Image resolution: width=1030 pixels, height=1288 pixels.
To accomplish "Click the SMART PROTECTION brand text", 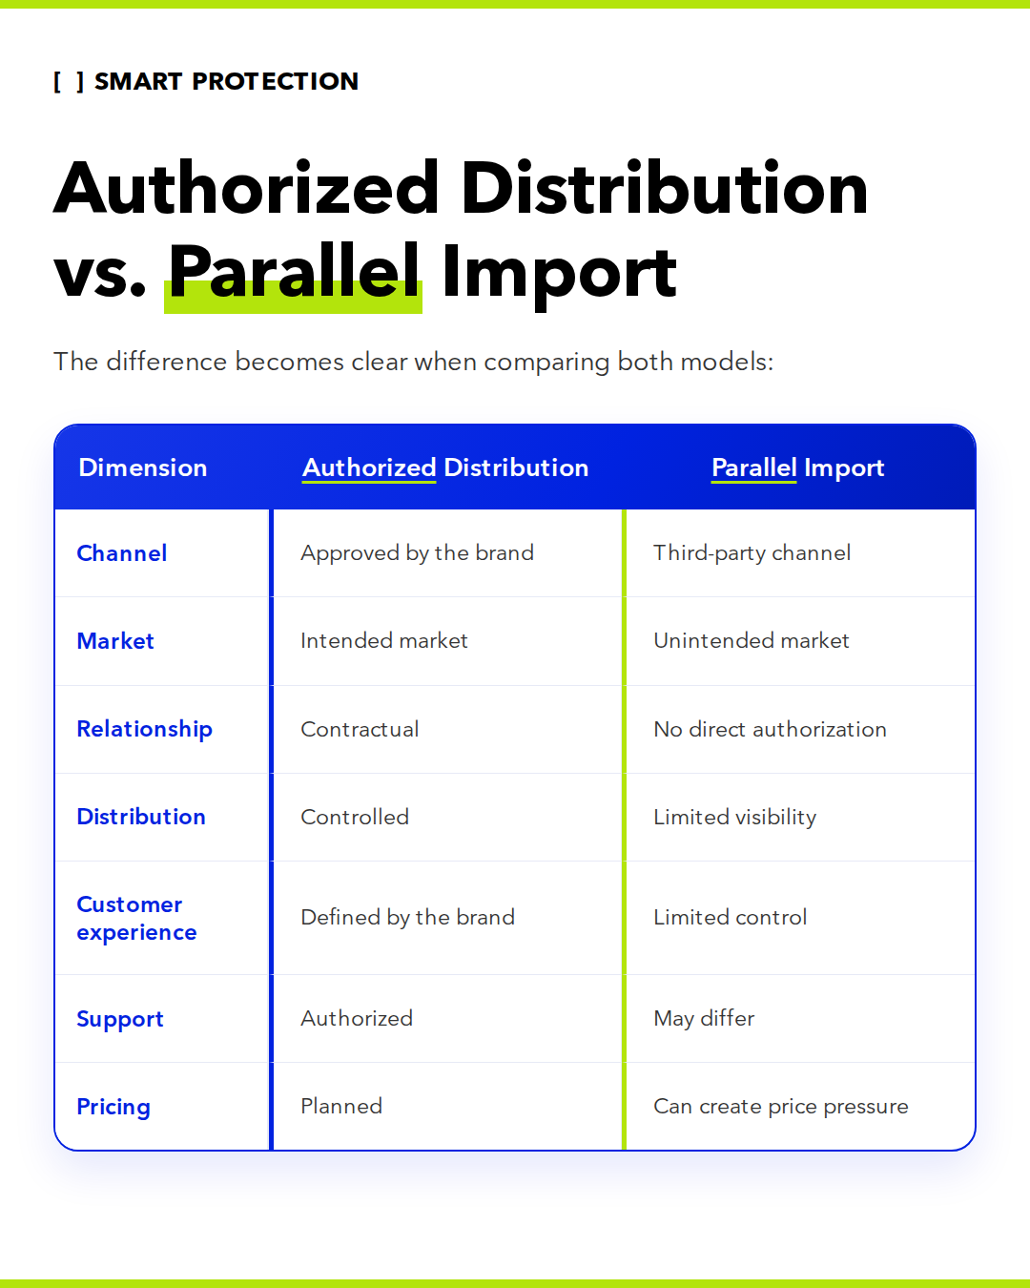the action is pos(226,81).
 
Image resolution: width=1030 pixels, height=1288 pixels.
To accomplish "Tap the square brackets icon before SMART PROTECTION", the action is pos(69,82).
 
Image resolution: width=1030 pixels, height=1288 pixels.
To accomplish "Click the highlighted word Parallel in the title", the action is pos(294,272).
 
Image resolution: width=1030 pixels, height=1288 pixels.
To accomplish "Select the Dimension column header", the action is pos(142,467).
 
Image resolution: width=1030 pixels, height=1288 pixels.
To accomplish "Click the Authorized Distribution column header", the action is pos(445,467).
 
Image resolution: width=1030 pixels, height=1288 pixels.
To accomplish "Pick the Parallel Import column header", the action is pos(798,468).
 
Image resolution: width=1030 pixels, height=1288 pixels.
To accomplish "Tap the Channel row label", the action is pos(121,553).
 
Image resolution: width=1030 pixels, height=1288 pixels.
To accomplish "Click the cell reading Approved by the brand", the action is pos(417,553).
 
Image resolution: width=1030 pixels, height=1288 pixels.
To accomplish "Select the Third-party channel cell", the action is pos(752,553).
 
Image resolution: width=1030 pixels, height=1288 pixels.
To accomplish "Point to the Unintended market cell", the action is pos(752,640).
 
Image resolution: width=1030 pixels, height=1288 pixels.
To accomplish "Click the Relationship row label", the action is pos(144,729).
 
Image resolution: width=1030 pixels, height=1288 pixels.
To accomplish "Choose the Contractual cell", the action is pos(360,729).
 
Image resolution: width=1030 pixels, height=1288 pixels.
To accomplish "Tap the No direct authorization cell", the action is pos(770,729).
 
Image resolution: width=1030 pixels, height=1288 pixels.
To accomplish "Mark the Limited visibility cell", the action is pos(735,817).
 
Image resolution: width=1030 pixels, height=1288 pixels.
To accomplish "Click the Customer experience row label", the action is pos(136,918).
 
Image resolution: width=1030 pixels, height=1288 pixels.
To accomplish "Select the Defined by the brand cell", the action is pos(407,917).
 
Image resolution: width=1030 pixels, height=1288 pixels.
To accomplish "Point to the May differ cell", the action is pos(704,1018).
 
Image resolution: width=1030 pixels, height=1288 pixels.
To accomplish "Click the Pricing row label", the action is pos(113,1107).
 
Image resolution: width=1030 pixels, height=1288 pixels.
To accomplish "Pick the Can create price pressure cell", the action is pos(780,1107).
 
